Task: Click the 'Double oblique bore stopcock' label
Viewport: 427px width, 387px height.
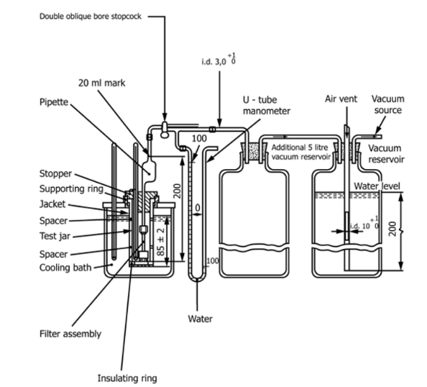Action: (91, 17)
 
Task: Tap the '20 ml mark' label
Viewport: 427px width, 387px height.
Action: (101, 83)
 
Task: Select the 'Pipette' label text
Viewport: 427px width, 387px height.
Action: (54, 102)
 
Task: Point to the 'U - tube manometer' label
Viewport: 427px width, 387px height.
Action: (266, 106)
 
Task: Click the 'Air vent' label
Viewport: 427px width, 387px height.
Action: (341, 99)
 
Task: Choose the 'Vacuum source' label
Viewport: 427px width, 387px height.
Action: (387, 104)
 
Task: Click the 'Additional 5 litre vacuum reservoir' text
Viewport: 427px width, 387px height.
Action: (300, 152)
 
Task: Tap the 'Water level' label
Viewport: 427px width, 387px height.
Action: (377, 186)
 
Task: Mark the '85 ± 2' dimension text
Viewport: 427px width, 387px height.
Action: (161, 242)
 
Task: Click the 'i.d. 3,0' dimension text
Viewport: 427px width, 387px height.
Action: (219, 60)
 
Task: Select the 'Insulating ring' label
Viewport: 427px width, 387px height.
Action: (127, 378)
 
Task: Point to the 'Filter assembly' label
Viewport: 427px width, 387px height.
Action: (70, 334)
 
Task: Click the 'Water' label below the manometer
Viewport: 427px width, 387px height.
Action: (200, 319)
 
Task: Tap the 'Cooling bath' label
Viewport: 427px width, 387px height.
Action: (65, 268)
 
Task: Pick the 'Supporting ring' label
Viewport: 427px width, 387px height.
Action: (71, 189)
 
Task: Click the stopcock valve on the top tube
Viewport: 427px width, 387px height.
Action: (165, 129)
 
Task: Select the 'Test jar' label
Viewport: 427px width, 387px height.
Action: (55, 236)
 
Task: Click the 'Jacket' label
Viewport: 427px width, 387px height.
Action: (52, 204)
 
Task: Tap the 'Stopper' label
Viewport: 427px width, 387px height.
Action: (55, 173)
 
